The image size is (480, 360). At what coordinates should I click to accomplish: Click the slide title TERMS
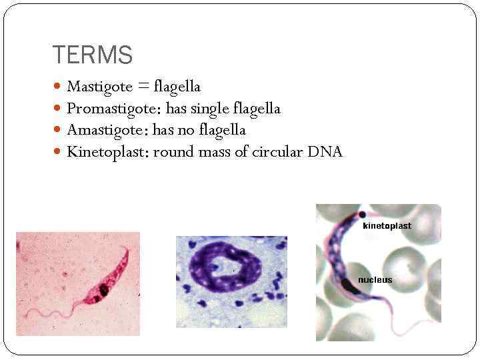(92, 55)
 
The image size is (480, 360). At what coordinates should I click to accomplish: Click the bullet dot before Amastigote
(58, 131)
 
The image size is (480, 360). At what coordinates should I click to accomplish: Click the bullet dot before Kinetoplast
(58, 153)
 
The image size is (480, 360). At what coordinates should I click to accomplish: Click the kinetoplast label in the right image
(387, 226)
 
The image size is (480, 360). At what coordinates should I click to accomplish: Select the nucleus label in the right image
(375, 280)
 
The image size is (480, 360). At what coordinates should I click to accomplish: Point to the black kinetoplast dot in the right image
(361, 215)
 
